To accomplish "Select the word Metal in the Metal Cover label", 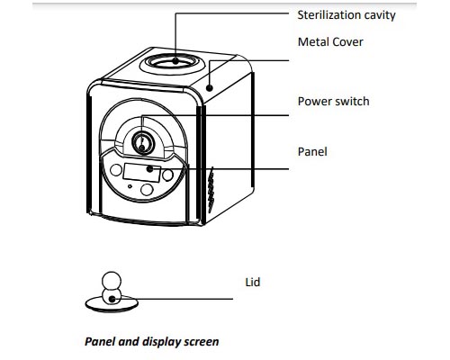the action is [x=312, y=41].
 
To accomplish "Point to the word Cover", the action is [x=347, y=41].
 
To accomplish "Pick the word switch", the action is [x=352, y=102].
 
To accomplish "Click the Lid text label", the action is [x=253, y=283].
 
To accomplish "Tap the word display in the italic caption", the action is [x=161, y=342].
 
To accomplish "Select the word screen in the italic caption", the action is [x=202, y=342].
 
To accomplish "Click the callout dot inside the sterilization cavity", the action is [x=175, y=61].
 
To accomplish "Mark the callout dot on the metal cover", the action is [x=210, y=88].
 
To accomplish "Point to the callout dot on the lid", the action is [x=112, y=299].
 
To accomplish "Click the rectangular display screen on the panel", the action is [x=141, y=173].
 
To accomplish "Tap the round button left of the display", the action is [x=116, y=170].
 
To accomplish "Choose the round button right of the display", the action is [x=167, y=175].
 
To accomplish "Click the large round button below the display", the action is [x=147, y=190].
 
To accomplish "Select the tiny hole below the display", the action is [x=130, y=186].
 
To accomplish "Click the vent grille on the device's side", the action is [x=211, y=190].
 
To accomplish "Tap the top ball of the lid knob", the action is [x=112, y=281].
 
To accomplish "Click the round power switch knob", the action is [x=143, y=143].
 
